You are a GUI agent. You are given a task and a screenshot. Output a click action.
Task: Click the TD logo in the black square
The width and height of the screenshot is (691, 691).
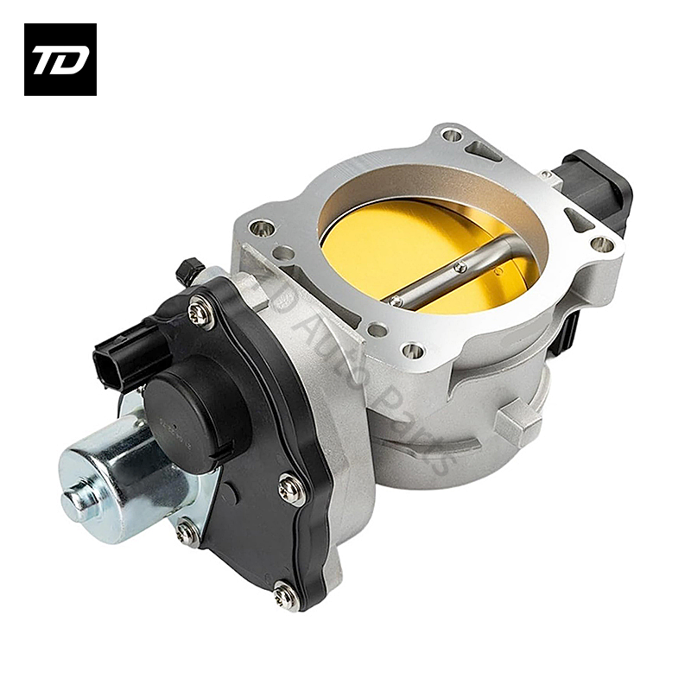[x=60, y=59]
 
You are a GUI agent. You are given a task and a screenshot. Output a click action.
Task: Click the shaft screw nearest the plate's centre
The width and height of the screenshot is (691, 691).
[x=461, y=267]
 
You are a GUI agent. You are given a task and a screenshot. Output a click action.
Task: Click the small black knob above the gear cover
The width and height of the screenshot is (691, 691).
[x=189, y=271]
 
